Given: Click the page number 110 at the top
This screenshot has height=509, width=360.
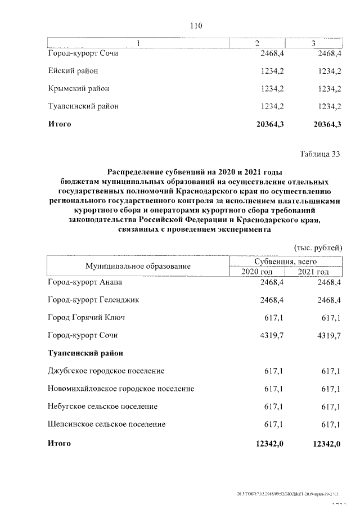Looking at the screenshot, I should pos(196,26).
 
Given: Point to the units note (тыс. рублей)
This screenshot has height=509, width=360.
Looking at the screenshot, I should pos(318,247).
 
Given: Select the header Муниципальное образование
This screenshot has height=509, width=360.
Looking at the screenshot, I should pos(138,266).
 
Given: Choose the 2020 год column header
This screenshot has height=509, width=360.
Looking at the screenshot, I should pos(257,272).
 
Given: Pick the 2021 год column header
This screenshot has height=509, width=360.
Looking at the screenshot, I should pos(313,272).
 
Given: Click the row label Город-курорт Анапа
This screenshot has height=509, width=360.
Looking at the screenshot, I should pos(84,282).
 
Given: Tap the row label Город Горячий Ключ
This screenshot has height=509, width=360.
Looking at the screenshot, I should pos(86,318).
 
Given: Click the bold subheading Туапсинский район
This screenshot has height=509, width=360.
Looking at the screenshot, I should pos(85,353).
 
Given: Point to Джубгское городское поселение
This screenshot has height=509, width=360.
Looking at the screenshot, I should pos(106,371).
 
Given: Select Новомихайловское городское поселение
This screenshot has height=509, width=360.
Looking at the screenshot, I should pos(121,389).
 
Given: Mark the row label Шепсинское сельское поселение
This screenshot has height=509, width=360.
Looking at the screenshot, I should pos(107,424).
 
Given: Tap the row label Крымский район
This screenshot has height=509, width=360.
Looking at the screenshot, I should pos(78,88).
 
